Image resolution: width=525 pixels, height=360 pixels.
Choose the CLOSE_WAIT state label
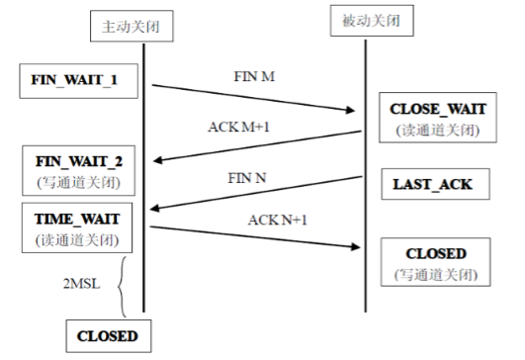[439, 107]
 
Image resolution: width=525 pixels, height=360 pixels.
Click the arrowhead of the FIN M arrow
[356, 112]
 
